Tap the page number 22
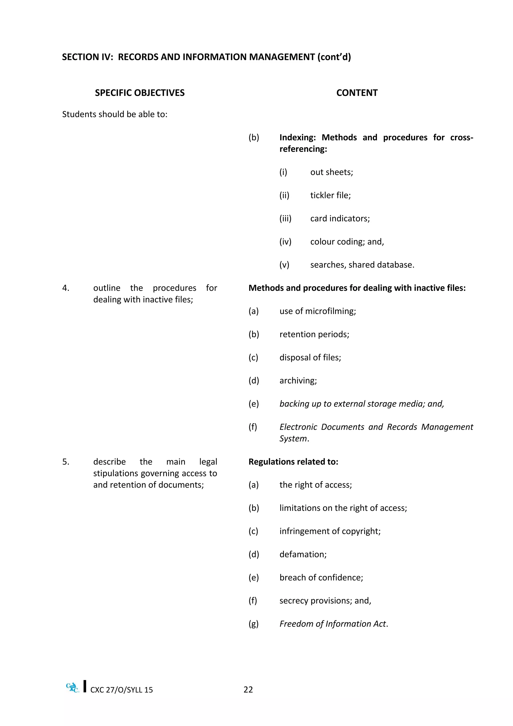coord(248,690)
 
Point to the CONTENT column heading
coord(357,93)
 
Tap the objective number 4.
coord(65,288)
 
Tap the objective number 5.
coord(65,462)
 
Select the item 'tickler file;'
coord(330,195)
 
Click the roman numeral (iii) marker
coord(285,219)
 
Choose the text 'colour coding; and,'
coord(347,242)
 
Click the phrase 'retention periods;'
coord(314,334)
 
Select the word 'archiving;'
coord(298,381)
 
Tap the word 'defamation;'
coord(303,554)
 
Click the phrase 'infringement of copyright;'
coord(330,531)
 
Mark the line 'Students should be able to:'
coord(115,114)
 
